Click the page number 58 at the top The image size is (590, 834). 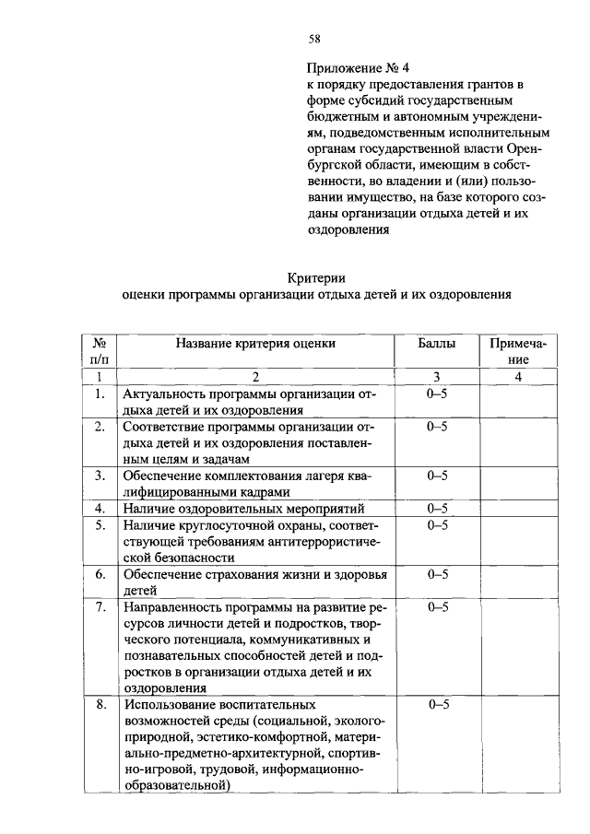tap(314, 39)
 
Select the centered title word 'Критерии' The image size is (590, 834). tap(314, 277)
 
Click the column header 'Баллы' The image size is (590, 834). tap(437, 343)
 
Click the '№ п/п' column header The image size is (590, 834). tap(99, 351)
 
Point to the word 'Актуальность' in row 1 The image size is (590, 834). tap(166, 394)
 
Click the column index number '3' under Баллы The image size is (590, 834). tap(437, 376)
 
